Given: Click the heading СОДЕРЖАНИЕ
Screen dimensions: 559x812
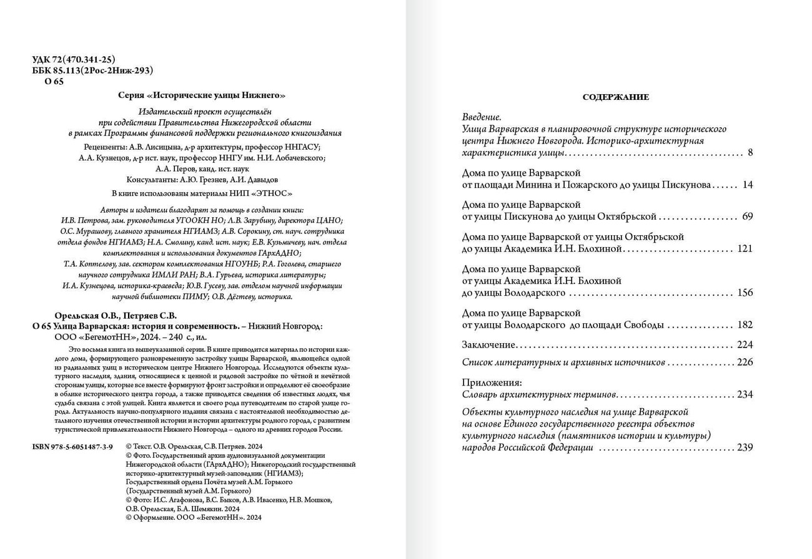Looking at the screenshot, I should point(615,97).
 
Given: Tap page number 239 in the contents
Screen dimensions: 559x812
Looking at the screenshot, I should point(745,447).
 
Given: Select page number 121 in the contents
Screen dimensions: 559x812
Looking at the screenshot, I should point(745,248).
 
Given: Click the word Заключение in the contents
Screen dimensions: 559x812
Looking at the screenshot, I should point(488,344).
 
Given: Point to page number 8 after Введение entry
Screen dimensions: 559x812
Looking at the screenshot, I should point(750,152).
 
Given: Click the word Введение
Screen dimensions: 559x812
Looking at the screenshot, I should point(481,117).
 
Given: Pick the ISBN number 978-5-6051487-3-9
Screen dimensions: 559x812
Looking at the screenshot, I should point(72,447).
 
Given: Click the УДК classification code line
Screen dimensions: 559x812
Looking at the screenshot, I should point(74,60).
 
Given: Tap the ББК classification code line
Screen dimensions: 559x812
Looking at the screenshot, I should point(92,70).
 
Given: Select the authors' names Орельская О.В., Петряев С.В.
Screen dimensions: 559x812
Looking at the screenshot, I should point(116,315).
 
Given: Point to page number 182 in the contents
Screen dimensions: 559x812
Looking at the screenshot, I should point(745,324).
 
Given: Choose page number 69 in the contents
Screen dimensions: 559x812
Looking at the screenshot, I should point(748,216).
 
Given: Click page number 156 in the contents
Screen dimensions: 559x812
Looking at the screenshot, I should point(745,293).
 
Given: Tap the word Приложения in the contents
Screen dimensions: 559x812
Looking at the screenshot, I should point(492,382).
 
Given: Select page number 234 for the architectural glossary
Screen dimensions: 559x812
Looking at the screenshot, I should point(745,394).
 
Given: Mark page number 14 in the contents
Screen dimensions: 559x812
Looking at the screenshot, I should point(748,185).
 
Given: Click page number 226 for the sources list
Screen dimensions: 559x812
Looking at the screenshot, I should point(745,362).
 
